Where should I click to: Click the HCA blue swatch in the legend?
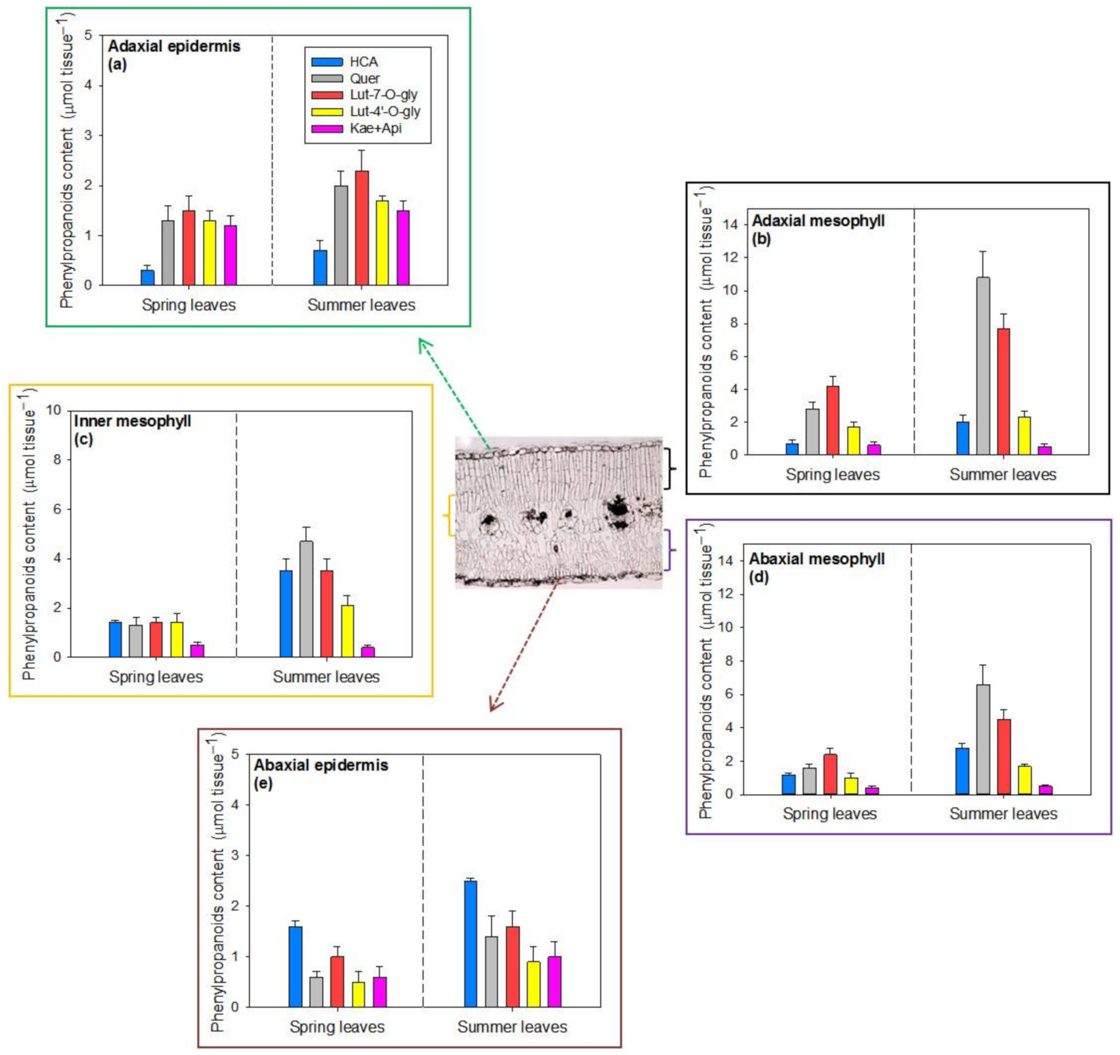point(327,62)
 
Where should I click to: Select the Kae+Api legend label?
point(375,128)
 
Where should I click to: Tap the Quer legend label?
point(364,78)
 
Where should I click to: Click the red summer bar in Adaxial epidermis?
point(362,228)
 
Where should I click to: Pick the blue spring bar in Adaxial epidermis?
point(147,277)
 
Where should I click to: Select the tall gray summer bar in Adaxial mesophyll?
point(983,366)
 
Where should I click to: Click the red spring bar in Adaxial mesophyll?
point(833,420)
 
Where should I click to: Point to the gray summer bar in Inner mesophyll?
point(306,599)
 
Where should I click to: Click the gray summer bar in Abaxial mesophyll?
point(983,739)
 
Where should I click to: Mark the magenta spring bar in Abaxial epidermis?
point(379,992)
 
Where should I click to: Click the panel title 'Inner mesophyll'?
point(133,421)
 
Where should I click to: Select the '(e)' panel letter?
point(262,783)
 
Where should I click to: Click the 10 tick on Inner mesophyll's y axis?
point(53,409)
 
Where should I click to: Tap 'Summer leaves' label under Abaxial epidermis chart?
point(511,1027)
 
